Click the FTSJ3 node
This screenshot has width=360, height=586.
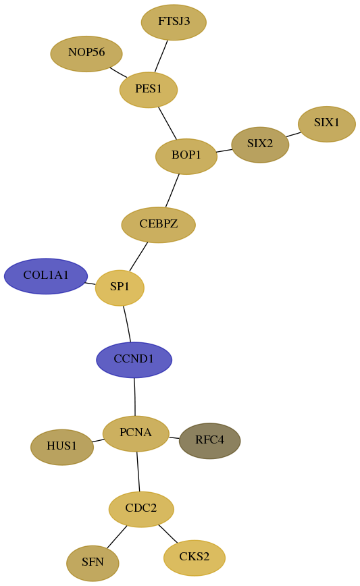[x=174, y=22]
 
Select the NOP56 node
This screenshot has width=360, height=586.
[x=86, y=54]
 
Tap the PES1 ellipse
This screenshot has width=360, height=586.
[x=149, y=90]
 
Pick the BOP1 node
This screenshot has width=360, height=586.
[x=186, y=156]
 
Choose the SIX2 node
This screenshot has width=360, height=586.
[x=260, y=144]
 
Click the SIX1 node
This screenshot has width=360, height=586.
[x=327, y=124]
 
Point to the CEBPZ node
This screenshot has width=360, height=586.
[x=159, y=225]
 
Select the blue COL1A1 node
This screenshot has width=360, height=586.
[x=46, y=276]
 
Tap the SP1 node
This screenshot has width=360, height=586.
[x=120, y=288]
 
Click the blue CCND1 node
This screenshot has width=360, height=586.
[x=134, y=360]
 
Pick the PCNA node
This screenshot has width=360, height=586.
[x=136, y=433]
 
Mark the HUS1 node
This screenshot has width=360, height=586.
[x=62, y=447]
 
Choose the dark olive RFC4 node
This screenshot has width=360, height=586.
[x=210, y=441]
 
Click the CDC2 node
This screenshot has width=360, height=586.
[x=141, y=509]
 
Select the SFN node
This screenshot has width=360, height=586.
[x=93, y=563]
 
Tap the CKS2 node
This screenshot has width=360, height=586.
[x=195, y=558]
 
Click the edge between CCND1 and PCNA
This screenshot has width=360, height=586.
[x=134, y=396]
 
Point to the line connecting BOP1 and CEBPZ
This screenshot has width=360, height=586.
[x=172, y=190]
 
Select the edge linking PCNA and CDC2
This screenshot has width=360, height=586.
[x=138, y=471]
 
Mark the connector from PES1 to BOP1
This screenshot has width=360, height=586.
[x=168, y=124]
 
